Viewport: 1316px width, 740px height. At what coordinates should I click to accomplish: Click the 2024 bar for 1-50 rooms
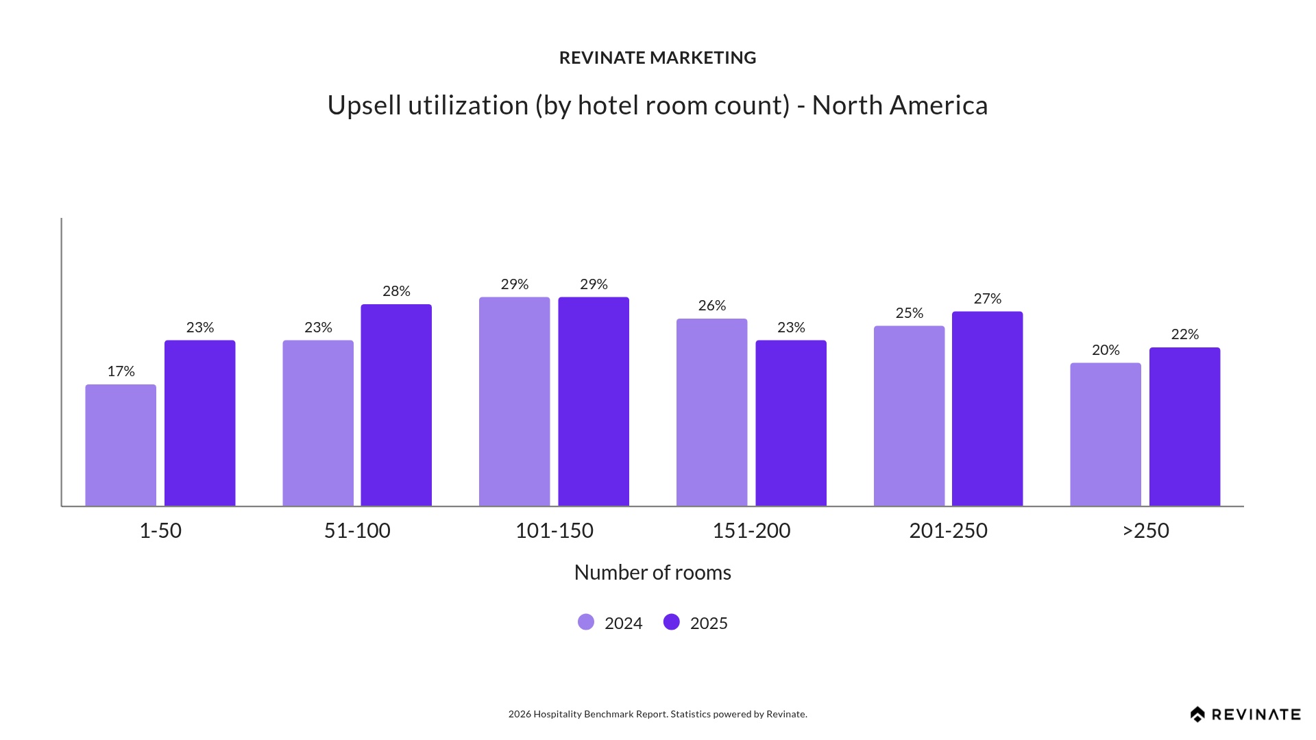pyautogui.click(x=121, y=445)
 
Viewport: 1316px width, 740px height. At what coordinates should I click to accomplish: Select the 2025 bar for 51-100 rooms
pyautogui.click(x=396, y=405)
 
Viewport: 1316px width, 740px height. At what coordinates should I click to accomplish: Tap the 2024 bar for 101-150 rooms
pyautogui.click(x=514, y=402)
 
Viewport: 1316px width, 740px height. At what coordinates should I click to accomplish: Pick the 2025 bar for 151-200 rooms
pyautogui.click(x=791, y=423)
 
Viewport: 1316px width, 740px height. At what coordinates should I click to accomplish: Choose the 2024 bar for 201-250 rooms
pyautogui.click(x=909, y=416)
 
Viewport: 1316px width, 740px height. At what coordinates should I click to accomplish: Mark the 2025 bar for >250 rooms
pyautogui.click(x=1184, y=427)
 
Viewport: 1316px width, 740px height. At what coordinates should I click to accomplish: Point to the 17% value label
pyautogui.click(x=121, y=371)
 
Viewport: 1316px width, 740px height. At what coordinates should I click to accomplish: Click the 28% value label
pyautogui.click(x=396, y=291)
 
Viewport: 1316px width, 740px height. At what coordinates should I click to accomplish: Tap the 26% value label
pyautogui.click(x=711, y=306)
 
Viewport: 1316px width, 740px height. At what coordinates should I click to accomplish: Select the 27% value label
pyautogui.click(x=987, y=299)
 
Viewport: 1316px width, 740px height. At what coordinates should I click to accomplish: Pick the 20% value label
pyautogui.click(x=1106, y=350)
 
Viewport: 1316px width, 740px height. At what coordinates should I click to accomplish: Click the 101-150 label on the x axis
pyautogui.click(x=554, y=530)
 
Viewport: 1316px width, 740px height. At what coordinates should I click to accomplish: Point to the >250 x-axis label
pyautogui.click(x=1145, y=530)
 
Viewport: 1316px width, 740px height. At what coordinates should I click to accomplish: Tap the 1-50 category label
pyautogui.click(x=160, y=530)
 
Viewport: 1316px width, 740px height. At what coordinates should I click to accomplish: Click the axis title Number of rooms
pyautogui.click(x=653, y=572)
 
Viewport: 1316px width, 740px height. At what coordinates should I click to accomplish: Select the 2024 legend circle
pyautogui.click(x=586, y=622)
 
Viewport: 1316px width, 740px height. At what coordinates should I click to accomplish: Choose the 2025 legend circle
pyautogui.click(x=672, y=622)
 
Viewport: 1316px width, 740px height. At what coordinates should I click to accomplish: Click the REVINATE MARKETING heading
pyautogui.click(x=657, y=58)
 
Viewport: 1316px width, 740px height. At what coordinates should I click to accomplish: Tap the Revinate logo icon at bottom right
pyautogui.click(x=1197, y=715)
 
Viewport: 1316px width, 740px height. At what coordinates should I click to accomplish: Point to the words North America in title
pyautogui.click(x=899, y=106)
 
